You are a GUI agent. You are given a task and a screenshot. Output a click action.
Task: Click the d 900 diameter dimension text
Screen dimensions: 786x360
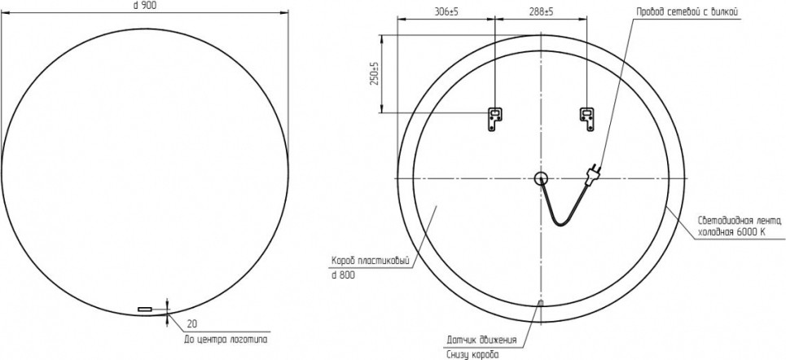[x=144, y=5]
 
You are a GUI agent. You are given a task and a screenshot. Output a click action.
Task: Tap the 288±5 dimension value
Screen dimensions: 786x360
[x=541, y=12]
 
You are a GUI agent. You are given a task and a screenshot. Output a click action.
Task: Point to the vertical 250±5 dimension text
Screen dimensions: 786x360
[x=373, y=72]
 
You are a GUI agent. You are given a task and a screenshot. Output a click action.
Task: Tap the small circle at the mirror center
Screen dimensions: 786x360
[x=542, y=178]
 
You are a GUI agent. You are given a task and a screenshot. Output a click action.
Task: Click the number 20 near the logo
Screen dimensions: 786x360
[x=191, y=323]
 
